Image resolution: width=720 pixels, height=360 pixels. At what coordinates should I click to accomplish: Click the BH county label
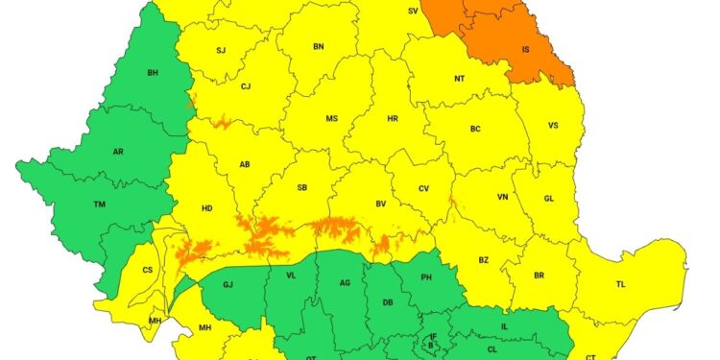pyautogui.click(x=153, y=73)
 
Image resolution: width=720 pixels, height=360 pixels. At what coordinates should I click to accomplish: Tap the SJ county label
pyautogui.click(x=221, y=50)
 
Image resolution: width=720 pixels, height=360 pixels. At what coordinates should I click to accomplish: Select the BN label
pyautogui.click(x=319, y=46)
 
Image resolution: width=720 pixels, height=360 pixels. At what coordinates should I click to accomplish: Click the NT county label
pyautogui.click(x=459, y=80)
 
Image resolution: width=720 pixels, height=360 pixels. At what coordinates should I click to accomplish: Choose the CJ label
pyautogui.click(x=246, y=86)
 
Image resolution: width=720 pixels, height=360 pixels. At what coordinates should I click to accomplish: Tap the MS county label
pyautogui.click(x=331, y=119)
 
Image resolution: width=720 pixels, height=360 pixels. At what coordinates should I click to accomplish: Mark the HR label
pyautogui.click(x=392, y=119)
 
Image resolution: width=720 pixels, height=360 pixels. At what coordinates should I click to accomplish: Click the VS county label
pyautogui.click(x=553, y=126)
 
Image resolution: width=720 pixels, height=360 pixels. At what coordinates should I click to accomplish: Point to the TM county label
pyautogui.click(x=99, y=204)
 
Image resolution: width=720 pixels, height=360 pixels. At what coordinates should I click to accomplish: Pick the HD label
pyautogui.click(x=206, y=207)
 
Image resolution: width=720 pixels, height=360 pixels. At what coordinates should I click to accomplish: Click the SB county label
pyautogui.click(x=301, y=188)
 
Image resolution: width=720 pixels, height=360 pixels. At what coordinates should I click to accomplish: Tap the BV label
pyautogui.click(x=380, y=204)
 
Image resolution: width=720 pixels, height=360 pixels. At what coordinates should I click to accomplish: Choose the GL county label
pyautogui.click(x=548, y=198)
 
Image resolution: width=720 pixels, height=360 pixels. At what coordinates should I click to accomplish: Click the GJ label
pyautogui.click(x=228, y=285)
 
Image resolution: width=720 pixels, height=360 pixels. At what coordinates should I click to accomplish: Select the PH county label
pyautogui.click(x=428, y=279)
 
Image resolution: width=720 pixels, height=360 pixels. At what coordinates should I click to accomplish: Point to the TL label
pyautogui.click(x=620, y=284)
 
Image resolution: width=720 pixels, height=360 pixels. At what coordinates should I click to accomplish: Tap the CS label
pyautogui.click(x=147, y=271)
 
